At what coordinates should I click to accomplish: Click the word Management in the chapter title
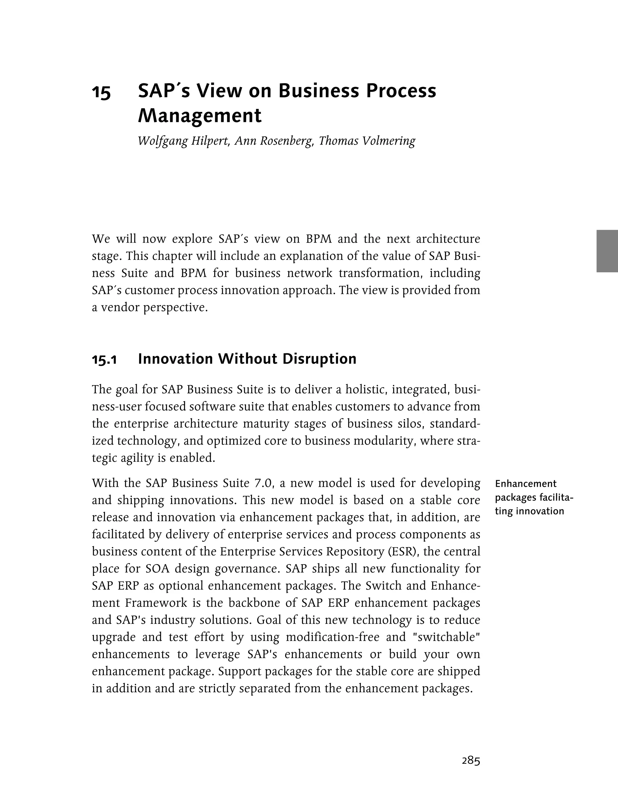point(199,116)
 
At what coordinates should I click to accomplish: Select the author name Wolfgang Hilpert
point(183,141)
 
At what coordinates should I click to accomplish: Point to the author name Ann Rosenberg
point(274,141)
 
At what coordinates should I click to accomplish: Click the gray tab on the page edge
point(607,251)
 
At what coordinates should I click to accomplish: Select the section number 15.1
point(104,359)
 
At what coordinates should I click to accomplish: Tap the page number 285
point(471,761)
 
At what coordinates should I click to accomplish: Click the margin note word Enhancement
point(526,484)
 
